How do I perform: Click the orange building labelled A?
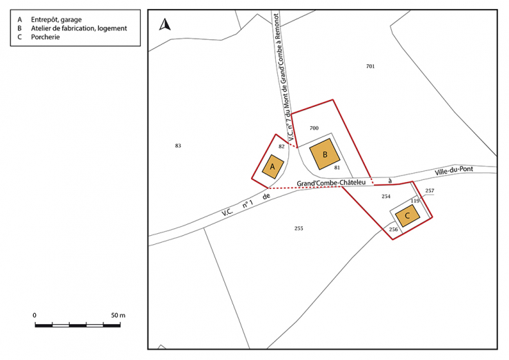click(x=273, y=167)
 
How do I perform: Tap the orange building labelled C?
click(x=408, y=217)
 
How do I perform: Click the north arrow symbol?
click(x=164, y=25)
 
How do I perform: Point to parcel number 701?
click(x=370, y=66)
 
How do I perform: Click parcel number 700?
click(x=314, y=128)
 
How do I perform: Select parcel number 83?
click(x=178, y=146)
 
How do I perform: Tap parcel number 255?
click(x=299, y=228)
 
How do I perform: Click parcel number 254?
click(x=386, y=197)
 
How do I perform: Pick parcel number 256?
click(x=393, y=229)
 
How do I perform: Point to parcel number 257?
click(x=430, y=190)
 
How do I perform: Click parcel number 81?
click(x=337, y=168)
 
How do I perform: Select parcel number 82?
click(x=281, y=147)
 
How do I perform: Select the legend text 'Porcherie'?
click(x=45, y=37)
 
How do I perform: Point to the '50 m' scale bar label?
click(x=117, y=315)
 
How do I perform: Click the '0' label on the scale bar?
click(x=35, y=315)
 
